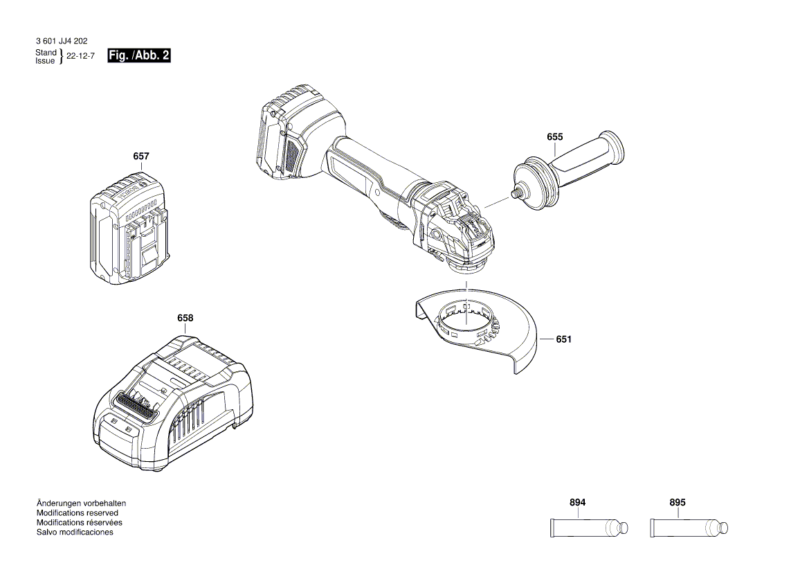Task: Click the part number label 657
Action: pos(140,157)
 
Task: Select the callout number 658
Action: pos(185,319)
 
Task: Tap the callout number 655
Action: pos(554,138)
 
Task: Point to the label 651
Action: pos(563,339)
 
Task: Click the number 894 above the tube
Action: pos(578,503)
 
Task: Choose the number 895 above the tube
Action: pos(678,503)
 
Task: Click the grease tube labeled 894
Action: pos(589,528)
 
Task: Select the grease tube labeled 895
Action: pos(689,528)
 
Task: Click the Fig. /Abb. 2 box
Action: pos(139,56)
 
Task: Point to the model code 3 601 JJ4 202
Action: pos(61,42)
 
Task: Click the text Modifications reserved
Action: pos(77,513)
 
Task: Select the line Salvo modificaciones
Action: pos(74,533)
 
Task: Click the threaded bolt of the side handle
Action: pos(516,195)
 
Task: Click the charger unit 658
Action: pos(173,409)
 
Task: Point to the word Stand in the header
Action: pos(46,53)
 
